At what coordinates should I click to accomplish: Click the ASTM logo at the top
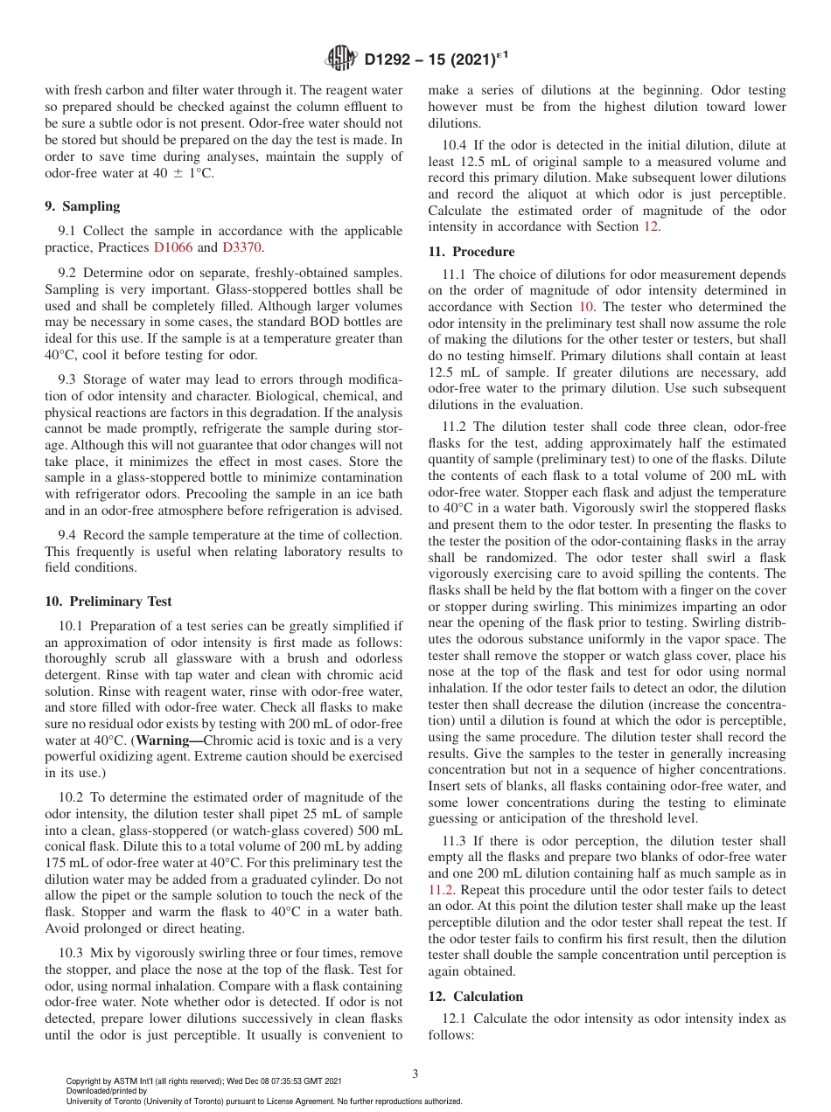click(x=341, y=59)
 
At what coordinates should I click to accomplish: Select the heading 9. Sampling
click(x=82, y=206)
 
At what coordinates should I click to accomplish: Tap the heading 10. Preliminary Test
click(x=108, y=601)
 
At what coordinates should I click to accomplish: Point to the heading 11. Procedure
click(x=471, y=252)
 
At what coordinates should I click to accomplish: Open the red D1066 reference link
click(x=173, y=247)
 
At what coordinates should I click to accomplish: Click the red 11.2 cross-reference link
click(x=441, y=890)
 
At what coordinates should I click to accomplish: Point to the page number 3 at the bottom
click(x=415, y=1074)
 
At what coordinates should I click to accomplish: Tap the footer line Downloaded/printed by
click(x=107, y=1091)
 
